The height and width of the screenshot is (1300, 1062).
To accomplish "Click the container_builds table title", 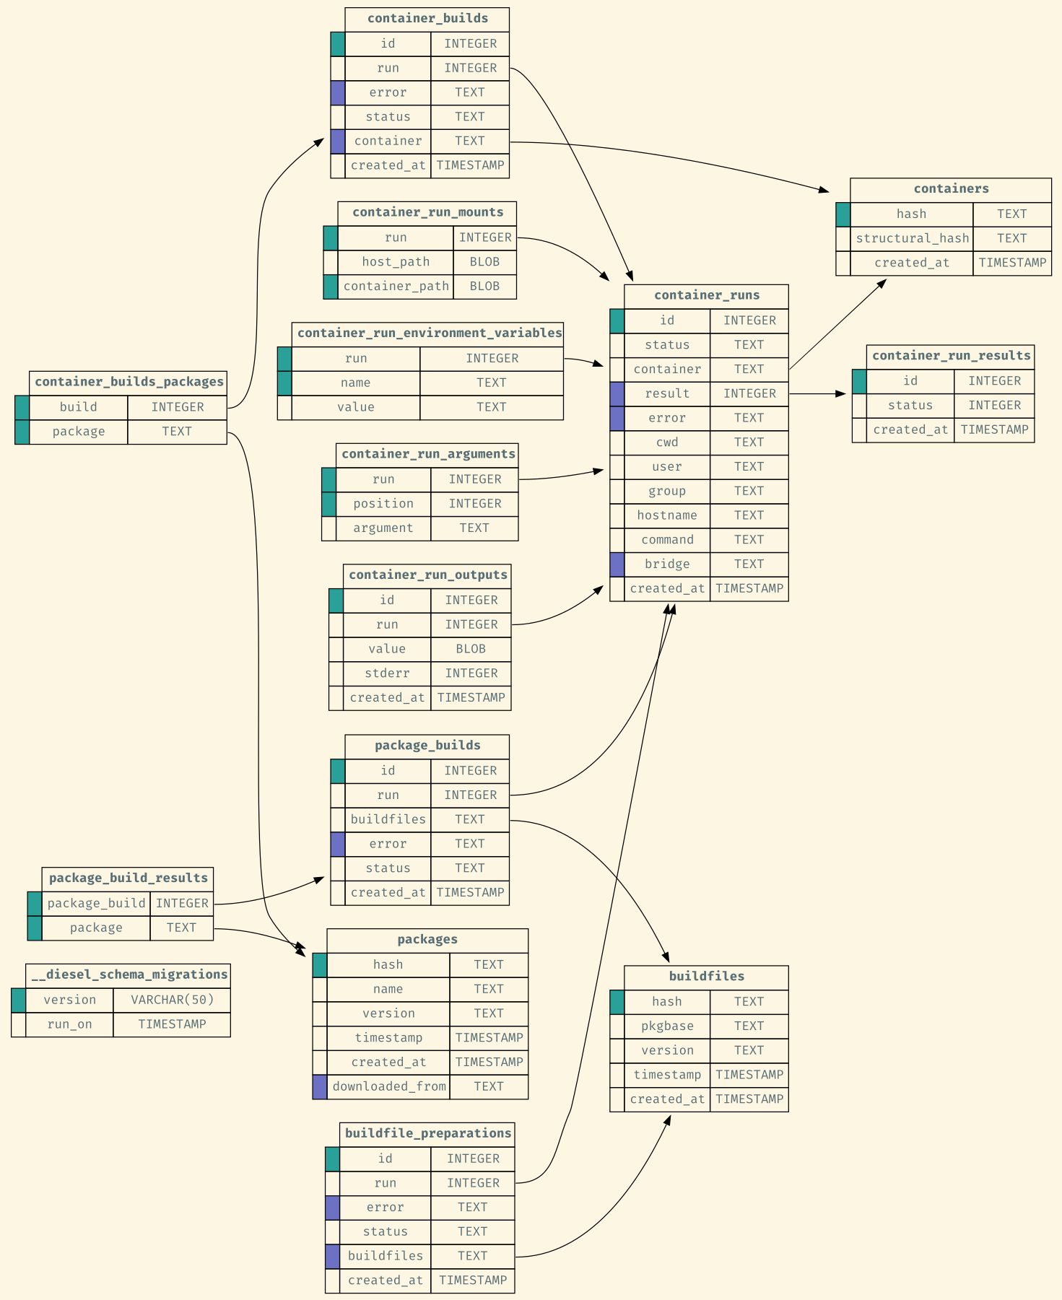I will point(427,19).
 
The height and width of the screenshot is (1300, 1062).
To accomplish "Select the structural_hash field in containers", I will point(912,238).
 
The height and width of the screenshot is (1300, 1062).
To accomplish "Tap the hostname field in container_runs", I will point(667,515).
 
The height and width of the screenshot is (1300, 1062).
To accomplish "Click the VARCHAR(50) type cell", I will point(172,1000).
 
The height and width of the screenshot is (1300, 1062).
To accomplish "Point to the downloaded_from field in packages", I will point(388,1086).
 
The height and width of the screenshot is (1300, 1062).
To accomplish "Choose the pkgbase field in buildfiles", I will point(667,1026).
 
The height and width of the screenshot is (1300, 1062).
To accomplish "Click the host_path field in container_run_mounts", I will point(396,262).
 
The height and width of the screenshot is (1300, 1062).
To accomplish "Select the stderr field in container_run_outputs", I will point(387,673).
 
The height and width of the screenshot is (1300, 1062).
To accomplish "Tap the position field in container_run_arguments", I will point(383,504).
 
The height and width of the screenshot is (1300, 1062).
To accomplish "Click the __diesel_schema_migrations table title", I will point(129,974).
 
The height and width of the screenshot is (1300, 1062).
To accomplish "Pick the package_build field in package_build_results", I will point(96,903).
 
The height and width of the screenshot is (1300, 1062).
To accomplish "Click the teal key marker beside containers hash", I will point(843,214).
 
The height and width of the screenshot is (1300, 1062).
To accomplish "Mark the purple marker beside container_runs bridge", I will point(617,564).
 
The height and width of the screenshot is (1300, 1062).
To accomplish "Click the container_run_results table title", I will point(951,356).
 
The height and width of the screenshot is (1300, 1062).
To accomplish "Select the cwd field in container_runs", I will point(667,442).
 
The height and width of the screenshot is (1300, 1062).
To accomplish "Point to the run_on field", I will point(69,1024).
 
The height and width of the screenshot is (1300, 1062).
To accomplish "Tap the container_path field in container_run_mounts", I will point(396,287).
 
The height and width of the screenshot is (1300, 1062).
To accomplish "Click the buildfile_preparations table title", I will point(427,1133).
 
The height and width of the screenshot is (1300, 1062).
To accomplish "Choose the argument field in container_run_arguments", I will point(383,528).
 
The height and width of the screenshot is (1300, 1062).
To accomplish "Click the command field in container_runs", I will point(667,540).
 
